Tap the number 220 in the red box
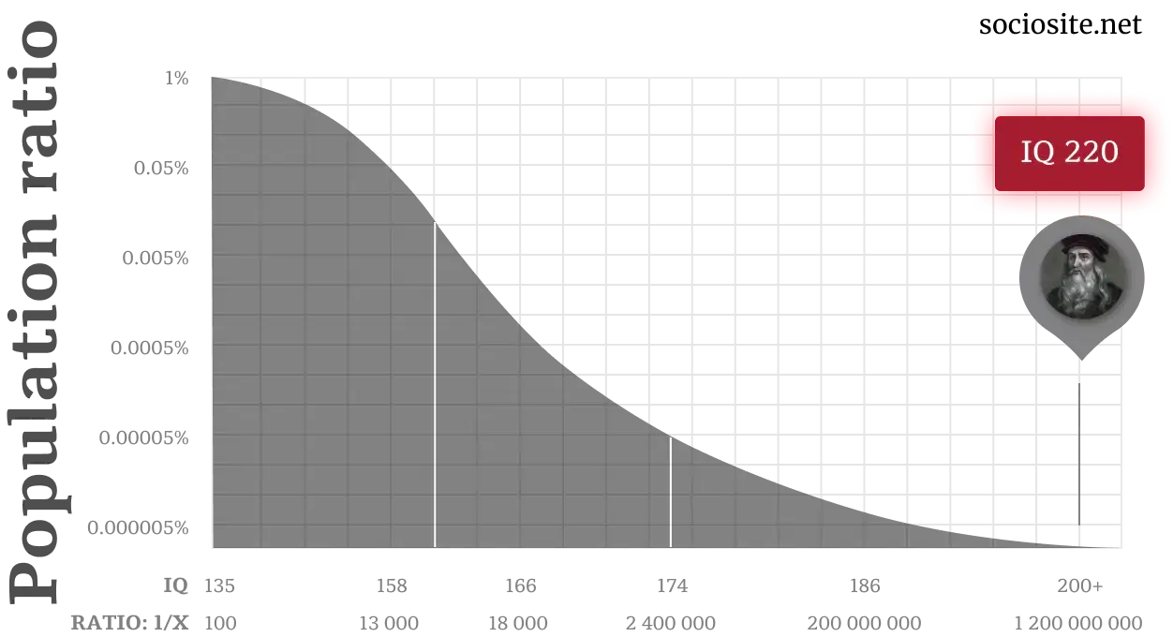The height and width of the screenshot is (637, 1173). pos(1091,153)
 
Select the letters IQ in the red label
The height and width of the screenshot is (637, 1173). pos(1037,153)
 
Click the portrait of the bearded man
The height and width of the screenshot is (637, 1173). pos(1082,274)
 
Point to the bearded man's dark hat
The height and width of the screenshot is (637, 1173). pos(1083,246)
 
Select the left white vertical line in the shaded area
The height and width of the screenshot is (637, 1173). pos(434,384)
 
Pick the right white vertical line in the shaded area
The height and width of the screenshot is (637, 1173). pos(670,492)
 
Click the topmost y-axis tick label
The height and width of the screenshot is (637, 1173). pos(178,79)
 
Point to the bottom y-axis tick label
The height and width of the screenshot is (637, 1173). pos(139,529)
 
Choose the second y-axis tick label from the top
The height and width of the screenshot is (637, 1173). pos(164,169)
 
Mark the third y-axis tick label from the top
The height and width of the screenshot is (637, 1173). pos(157,259)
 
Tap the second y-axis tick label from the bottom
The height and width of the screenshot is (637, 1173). pos(145,438)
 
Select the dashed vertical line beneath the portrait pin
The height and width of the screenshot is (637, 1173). pos(1079,450)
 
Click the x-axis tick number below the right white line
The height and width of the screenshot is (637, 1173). pos(670,588)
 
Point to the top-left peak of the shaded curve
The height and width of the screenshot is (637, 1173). pos(214,79)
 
